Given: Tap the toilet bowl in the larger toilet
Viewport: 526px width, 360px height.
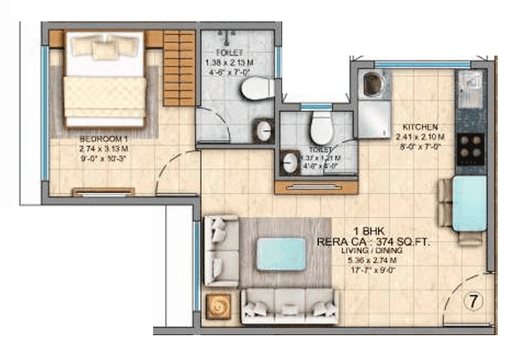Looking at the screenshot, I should [x=254, y=90].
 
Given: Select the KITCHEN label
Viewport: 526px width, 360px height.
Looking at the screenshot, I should [x=420, y=127].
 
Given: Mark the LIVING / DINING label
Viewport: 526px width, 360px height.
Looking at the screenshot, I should [x=369, y=253].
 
